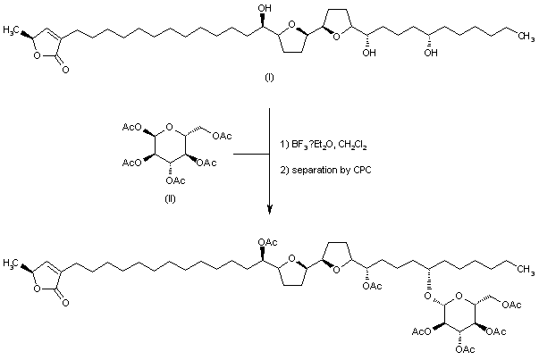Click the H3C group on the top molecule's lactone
click(x=21, y=29)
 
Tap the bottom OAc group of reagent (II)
click(x=175, y=177)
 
